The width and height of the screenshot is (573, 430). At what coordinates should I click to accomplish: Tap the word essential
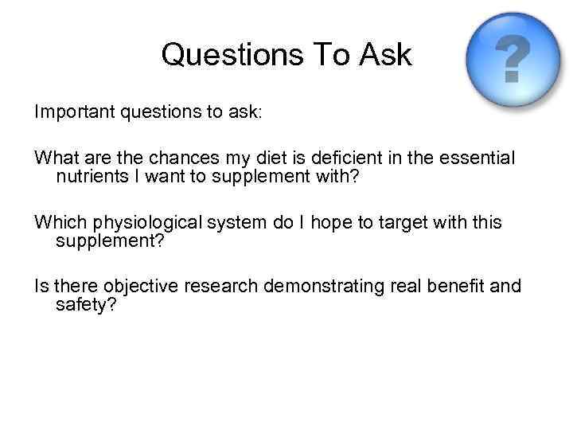473,159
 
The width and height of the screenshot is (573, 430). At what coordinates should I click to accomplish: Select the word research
224,286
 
